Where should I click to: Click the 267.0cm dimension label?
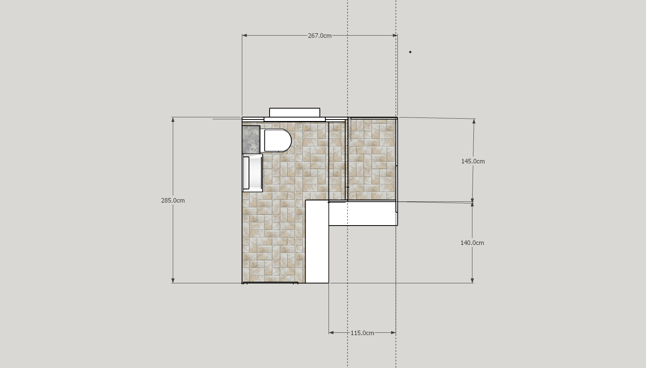[320, 36]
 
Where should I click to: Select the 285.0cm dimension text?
[173, 200]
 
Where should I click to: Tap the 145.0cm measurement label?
[473, 161]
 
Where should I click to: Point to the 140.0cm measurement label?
[472, 243]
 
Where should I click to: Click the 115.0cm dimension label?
[362, 333]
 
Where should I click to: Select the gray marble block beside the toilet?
[251, 139]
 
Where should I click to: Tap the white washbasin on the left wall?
[253, 173]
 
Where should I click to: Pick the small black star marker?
[410, 52]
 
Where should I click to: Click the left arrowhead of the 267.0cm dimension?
[245, 35]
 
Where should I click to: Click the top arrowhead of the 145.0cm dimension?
[474, 121]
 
